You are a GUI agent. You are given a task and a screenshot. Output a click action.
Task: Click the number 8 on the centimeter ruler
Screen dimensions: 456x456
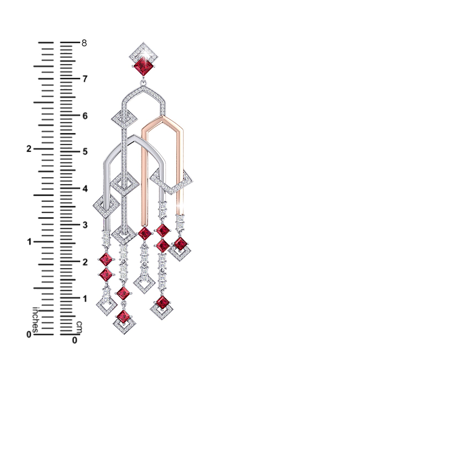point(84,43)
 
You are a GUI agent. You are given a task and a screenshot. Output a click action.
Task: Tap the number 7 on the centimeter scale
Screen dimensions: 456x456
point(85,79)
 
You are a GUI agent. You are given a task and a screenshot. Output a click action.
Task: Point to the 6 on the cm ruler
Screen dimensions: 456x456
point(85,116)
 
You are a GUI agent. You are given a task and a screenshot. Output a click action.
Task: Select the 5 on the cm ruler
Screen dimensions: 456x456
point(85,152)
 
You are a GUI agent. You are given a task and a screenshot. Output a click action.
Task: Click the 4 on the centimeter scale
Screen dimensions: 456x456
point(85,189)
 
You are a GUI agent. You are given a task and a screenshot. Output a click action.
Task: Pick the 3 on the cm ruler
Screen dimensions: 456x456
point(85,225)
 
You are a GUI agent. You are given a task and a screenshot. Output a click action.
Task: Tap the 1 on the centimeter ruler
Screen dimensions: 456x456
point(85,299)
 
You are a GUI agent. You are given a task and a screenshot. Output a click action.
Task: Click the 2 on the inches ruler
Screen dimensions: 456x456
point(29,149)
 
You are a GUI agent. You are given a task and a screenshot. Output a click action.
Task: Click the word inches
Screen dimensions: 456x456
point(35,320)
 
